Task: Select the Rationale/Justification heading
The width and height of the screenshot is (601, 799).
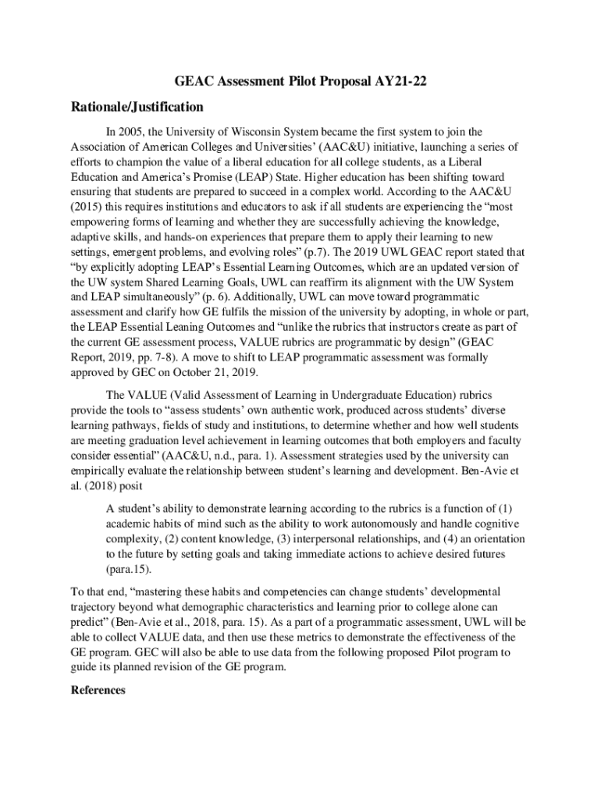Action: (137, 107)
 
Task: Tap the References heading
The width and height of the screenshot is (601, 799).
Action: (98, 690)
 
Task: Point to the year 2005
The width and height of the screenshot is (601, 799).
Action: (134, 132)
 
